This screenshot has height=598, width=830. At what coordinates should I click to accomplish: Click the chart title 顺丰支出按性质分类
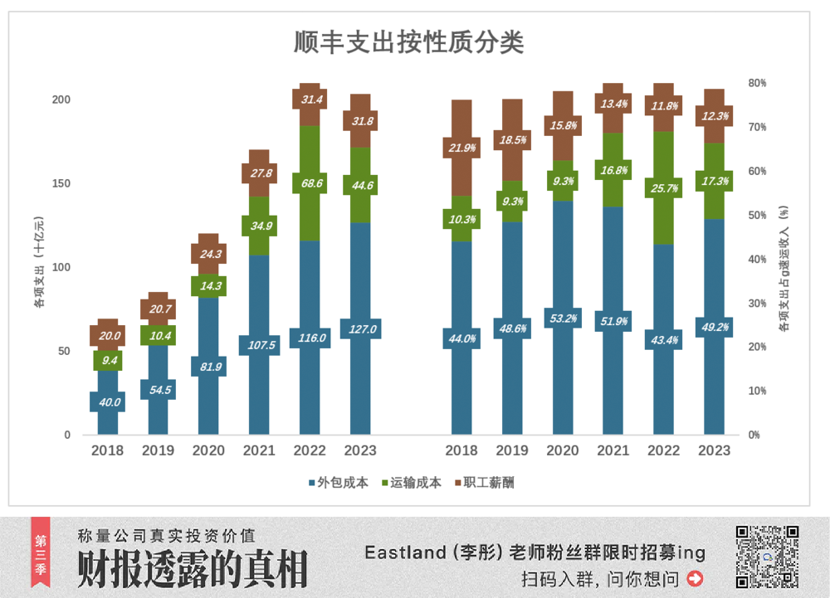(408, 41)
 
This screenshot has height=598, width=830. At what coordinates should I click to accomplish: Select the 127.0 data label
(361, 329)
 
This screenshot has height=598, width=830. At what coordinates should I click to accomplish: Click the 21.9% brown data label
(461, 148)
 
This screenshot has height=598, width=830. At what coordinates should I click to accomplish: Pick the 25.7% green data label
(664, 188)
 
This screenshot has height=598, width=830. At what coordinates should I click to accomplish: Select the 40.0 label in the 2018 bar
(108, 402)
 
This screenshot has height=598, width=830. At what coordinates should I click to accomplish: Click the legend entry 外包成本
(338, 483)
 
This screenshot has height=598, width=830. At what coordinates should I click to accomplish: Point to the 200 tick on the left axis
(61, 100)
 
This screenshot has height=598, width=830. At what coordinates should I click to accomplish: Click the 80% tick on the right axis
(757, 83)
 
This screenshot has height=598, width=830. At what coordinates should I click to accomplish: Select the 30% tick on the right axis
(757, 303)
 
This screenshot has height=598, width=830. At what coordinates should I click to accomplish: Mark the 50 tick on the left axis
(65, 351)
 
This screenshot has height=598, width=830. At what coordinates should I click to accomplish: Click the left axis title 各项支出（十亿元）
(38, 263)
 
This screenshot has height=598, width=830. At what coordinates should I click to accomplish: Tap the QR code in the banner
(767, 557)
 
